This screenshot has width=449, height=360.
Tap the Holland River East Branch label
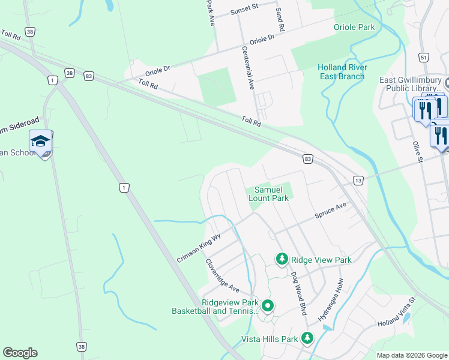pos(341,72)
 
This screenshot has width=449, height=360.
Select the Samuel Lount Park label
pos(269,194)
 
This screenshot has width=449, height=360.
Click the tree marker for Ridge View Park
pos(282,259)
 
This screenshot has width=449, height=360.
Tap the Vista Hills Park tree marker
pos(307,339)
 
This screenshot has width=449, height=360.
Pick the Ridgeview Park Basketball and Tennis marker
pos(268,307)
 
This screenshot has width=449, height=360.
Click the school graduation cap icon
pos(40,141)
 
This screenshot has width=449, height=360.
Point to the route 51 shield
pos(424,57)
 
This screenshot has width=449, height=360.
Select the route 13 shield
pos(358,181)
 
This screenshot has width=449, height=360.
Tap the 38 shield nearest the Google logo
pos(81,346)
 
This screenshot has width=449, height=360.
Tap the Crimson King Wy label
pos(199,248)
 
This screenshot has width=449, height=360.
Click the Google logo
pos(20,353)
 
